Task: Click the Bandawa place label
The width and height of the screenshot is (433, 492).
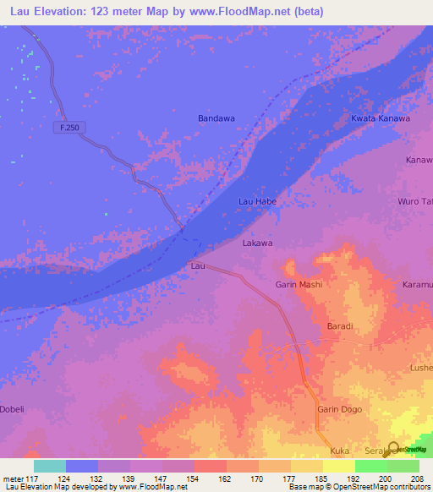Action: click(216, 118)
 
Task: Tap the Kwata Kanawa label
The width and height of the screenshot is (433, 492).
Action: click(381, 118)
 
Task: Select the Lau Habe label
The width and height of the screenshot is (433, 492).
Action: click(257, 202)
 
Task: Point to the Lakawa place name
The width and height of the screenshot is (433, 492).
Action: click(258, 243)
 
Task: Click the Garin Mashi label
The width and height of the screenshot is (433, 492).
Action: click(299, 285)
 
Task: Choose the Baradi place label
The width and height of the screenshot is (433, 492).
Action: click(339, 325)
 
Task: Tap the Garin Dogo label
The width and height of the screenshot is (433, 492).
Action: click(339, 409)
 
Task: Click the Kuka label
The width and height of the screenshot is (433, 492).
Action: click(340, 451)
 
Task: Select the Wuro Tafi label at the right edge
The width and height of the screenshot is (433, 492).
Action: click(415, 202)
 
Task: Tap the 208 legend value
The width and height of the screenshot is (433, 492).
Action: click(419, 479)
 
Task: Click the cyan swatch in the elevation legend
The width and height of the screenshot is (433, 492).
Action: click(50, 466)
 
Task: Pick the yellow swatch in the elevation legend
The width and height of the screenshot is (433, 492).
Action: click(338, 466)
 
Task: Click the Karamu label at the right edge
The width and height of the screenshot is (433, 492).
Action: click(418, 285)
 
